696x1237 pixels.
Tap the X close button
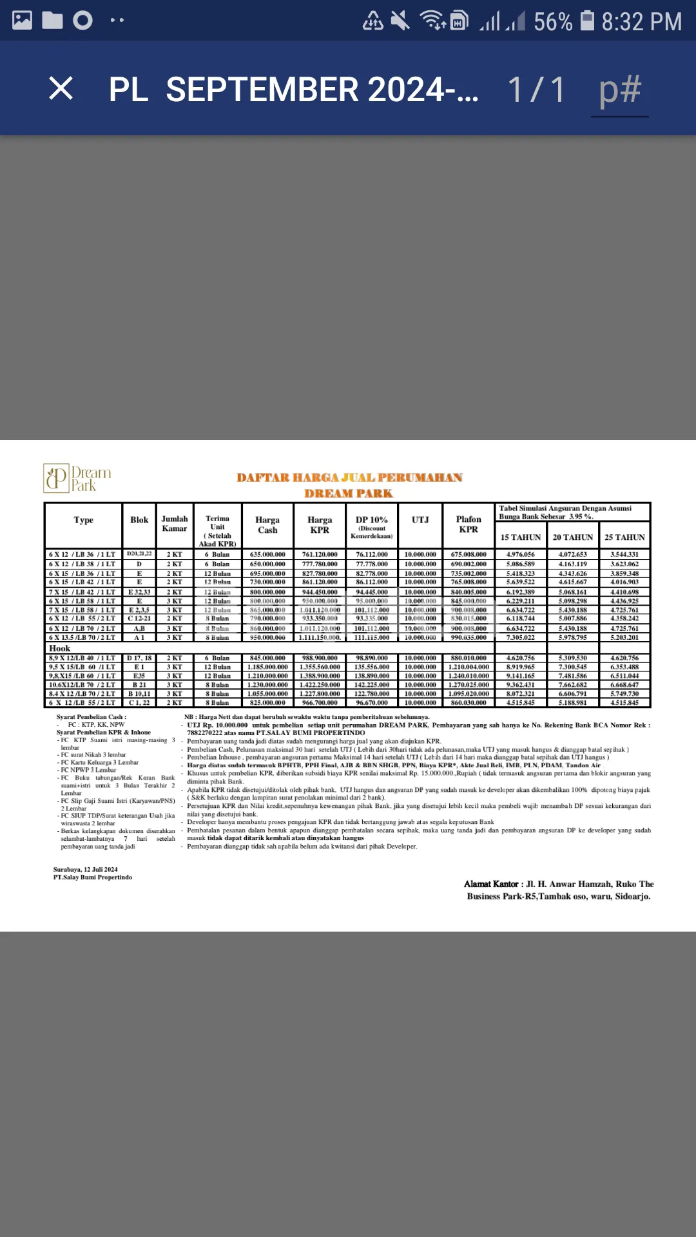click(x=61, y=88)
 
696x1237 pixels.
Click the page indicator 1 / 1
click(x=536, y=89)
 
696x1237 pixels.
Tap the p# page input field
click(x=620, y=90)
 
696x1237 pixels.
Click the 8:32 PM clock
click(x=641, y=22)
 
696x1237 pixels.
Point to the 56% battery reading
click(x=552, y=22)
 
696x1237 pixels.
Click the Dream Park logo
click(x=77, y=478)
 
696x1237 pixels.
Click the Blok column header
click(x=139, y=520)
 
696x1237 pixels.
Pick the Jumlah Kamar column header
click(x=175, y=524)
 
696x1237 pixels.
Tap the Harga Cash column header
click(x=267, y=525)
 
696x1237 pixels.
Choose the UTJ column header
click(x=420, y=520)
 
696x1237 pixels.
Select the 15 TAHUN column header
click(x=521, y=537)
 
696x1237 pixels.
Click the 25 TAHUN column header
click(x=624, y=537)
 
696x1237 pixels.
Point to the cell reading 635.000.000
click(x=267, y=554)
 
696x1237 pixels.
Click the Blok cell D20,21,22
click(x=139, y=554)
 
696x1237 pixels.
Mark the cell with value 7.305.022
click(x=521, y=637)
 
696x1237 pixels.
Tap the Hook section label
click(x=59, y=648)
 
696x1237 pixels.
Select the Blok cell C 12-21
click(x=139, y=618)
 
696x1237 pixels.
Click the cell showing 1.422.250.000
click(x=320, y=685)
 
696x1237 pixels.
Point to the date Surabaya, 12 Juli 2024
click(x=86, y=869)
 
